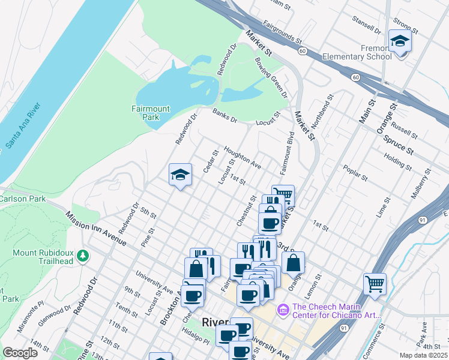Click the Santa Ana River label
click(x=23, y=126)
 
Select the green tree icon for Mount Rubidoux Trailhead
click(x=83, y=256)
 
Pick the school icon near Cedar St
click(x=180, y=175)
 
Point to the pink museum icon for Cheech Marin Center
click(x=283, y=310)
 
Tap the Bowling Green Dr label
click(x=271, y=78)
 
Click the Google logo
click(x=20, y=353)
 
